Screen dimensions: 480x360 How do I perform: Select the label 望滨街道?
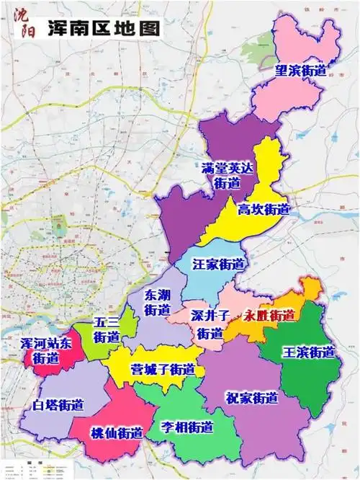click(x=301, y=71)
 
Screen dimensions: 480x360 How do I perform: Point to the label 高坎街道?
click(x=264, y=210)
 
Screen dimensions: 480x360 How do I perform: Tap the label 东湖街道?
click(x=158, y=303)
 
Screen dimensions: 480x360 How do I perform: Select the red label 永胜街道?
click(x=269, y=315)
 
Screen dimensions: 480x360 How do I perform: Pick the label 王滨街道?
click(x=308, y=352)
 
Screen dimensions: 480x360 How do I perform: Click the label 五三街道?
click(x=107, y=329)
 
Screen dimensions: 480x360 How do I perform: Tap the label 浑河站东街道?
click(x=45, y=350)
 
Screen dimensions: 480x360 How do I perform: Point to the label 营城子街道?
click(x=163, y=369)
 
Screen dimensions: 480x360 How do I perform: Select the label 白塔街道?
click(x=58, y=405)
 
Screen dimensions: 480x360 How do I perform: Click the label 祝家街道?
click(x=251, y=397)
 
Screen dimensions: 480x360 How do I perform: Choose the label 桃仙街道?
click(x=116, y=432)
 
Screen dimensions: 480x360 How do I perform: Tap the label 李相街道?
click(x=186, y=426)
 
